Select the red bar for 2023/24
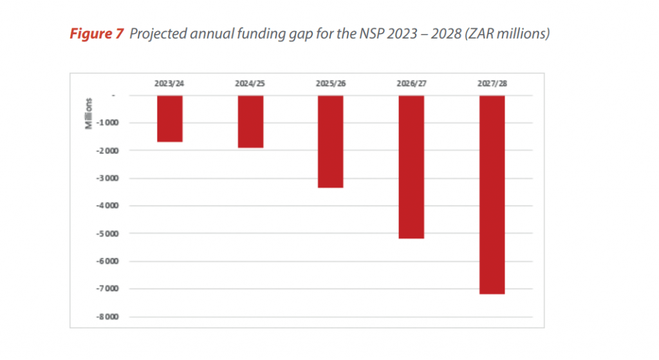(x=170, y=118)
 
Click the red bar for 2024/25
(x=250, y=122)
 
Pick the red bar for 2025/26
(x=331, y=142)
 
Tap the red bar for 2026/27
(x=411, y=167)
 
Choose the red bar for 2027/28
(x=492, y=194)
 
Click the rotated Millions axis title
(x=89, y=114)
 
